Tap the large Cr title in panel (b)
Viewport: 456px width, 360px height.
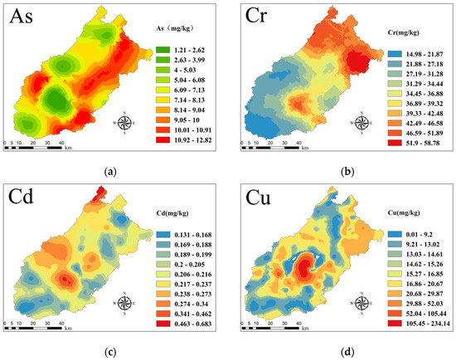(x=259, y=18)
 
